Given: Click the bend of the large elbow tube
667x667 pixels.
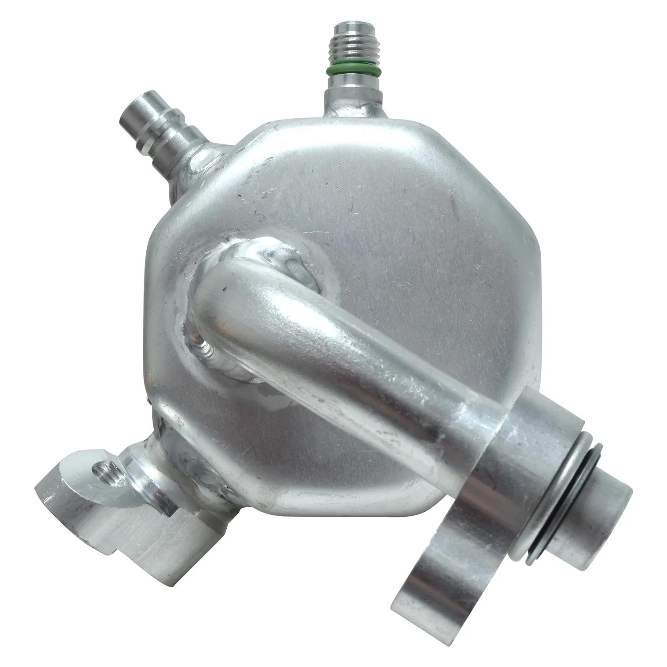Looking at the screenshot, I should [240, 289].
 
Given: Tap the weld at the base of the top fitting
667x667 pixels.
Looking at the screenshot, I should [354, 109].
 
